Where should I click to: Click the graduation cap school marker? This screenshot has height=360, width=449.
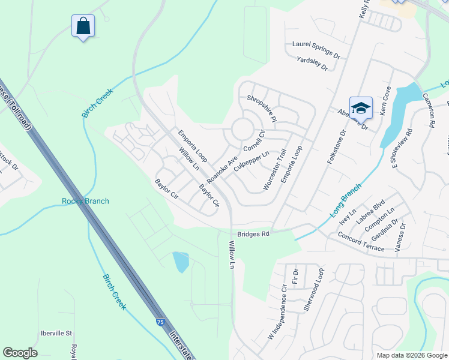click(x=361, y=108)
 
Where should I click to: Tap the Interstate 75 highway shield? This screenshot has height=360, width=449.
click(x=160, y=322)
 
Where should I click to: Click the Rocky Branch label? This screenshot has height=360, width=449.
click(x=85, y=201)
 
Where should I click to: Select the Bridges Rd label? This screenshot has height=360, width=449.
click(x=255, y=233)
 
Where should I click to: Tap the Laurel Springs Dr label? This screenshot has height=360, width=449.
click(x=316, y=49)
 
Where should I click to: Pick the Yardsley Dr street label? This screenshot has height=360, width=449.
click(x=312, y=64)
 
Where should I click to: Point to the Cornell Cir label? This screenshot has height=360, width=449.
click(x=254, y=141)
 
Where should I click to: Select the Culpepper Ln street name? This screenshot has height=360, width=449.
click(x=251, y=160)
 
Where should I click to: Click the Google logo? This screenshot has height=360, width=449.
click(x=20, y=353)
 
